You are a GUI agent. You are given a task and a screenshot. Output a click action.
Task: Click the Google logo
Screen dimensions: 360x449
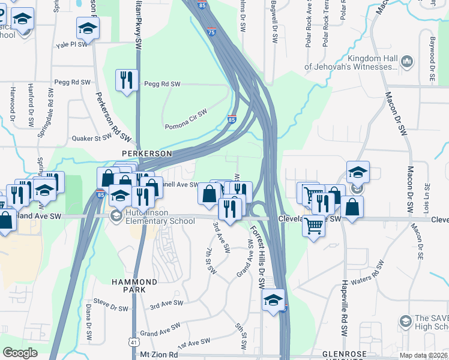tap(20, 353)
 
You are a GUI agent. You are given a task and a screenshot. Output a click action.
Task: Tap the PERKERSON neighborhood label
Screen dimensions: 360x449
tap(147, 154)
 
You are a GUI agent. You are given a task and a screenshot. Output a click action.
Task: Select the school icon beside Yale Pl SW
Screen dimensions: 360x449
tap(88, 28)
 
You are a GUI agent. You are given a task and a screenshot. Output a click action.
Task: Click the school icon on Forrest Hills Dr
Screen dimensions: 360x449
tap(273, 300)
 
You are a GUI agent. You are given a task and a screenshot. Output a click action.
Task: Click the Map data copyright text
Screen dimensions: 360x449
tap(423, 355)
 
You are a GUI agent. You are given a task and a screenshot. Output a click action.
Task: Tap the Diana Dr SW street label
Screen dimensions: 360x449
tap(89, 316)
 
